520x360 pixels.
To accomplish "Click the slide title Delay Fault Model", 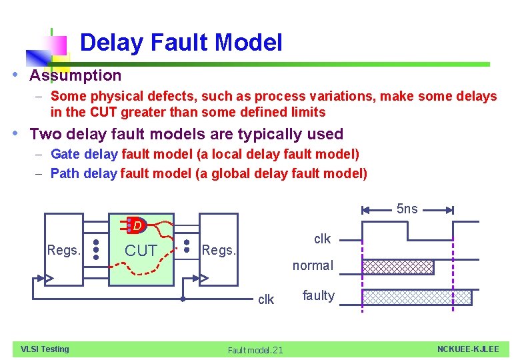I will click(x=181, y=43).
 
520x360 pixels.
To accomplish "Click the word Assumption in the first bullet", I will click(x=75, y=75).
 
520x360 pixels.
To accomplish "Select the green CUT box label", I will click(x=141, y=251).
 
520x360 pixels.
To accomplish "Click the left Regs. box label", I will click(x=64, y=251).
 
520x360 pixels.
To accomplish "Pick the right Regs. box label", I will click(x=219, y=251).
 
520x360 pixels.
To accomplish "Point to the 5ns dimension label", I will click(x=407, y=209).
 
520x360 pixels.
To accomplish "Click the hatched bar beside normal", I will click(x=398, y=267).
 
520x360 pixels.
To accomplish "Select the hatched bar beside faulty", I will click(x=417, y=297).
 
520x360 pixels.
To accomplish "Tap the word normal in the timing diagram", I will click(x=313, y=265).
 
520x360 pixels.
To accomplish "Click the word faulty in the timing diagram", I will click(x=318, y=295).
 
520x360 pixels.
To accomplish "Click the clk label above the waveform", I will click(x=322, y=239).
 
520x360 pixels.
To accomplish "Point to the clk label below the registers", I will click(x=265, y=299).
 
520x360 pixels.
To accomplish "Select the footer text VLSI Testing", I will click(x=45, y=349).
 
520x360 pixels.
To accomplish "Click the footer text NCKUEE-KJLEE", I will click(x=468, y=349).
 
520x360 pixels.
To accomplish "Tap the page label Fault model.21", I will click(x=255, y=350).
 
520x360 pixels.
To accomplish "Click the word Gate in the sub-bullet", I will click(x=65, y=155).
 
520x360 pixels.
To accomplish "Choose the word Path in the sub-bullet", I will click(x=65, y=174).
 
